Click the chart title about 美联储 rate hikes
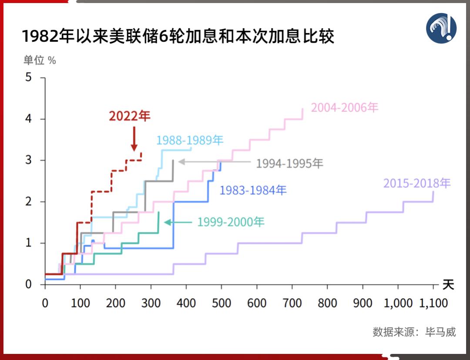pos(178,37)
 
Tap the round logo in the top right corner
pos(441,28)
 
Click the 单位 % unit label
pos(40,61)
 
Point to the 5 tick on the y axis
pos(29,77)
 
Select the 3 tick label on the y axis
pos(29,160)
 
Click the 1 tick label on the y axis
pos(29,243)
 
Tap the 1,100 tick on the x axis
pos(433,303)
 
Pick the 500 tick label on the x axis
pos(222,303)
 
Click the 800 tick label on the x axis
pos(327,303)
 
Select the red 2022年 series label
pos(129,116)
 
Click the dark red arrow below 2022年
pos(134,139)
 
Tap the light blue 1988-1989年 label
pos(190,140)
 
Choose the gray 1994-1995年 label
pos(290,163)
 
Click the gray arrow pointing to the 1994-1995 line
pos(215,162)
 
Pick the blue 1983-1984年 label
pos(253,190)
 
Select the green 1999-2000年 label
pos(231,222)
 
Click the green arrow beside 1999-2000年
pos(178,222)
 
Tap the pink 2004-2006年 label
pos(345,107)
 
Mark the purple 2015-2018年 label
pos(416,183)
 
